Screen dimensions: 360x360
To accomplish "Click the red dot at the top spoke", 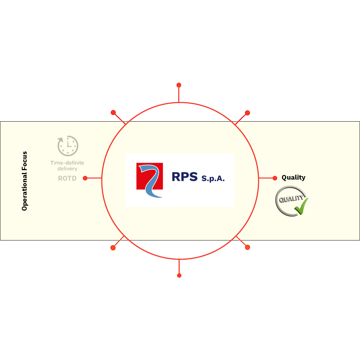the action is click(179, 85).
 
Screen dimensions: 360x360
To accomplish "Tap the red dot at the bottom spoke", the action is click(179, 276).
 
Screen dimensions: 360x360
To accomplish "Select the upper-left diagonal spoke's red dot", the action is click(113, 112).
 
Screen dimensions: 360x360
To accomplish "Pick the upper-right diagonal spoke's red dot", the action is click(247, 113).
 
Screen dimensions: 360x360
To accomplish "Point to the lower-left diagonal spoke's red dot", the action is click(113, 248).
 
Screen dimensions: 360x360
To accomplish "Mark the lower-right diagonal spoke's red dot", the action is click(247, 247).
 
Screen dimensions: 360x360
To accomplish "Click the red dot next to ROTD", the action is click(85, 178).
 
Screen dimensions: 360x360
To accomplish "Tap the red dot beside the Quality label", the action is click(275, 178).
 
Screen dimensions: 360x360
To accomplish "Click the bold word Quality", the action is click(294, 178).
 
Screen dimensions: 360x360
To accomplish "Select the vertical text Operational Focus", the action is click(24, 181).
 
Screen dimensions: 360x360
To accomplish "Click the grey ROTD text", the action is click(67, 178).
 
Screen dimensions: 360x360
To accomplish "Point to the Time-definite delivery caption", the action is click(67, 166).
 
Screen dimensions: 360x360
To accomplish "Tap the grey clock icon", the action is click(68, 146).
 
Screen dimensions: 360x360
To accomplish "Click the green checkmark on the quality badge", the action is click(301, 206).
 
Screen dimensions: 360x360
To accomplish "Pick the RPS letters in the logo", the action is click(185, 177).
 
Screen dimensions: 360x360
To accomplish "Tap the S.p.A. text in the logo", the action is click(213, 178).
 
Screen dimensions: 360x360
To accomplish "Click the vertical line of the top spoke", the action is click(179, 95).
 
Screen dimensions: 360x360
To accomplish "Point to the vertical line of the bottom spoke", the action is click(179, 266).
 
